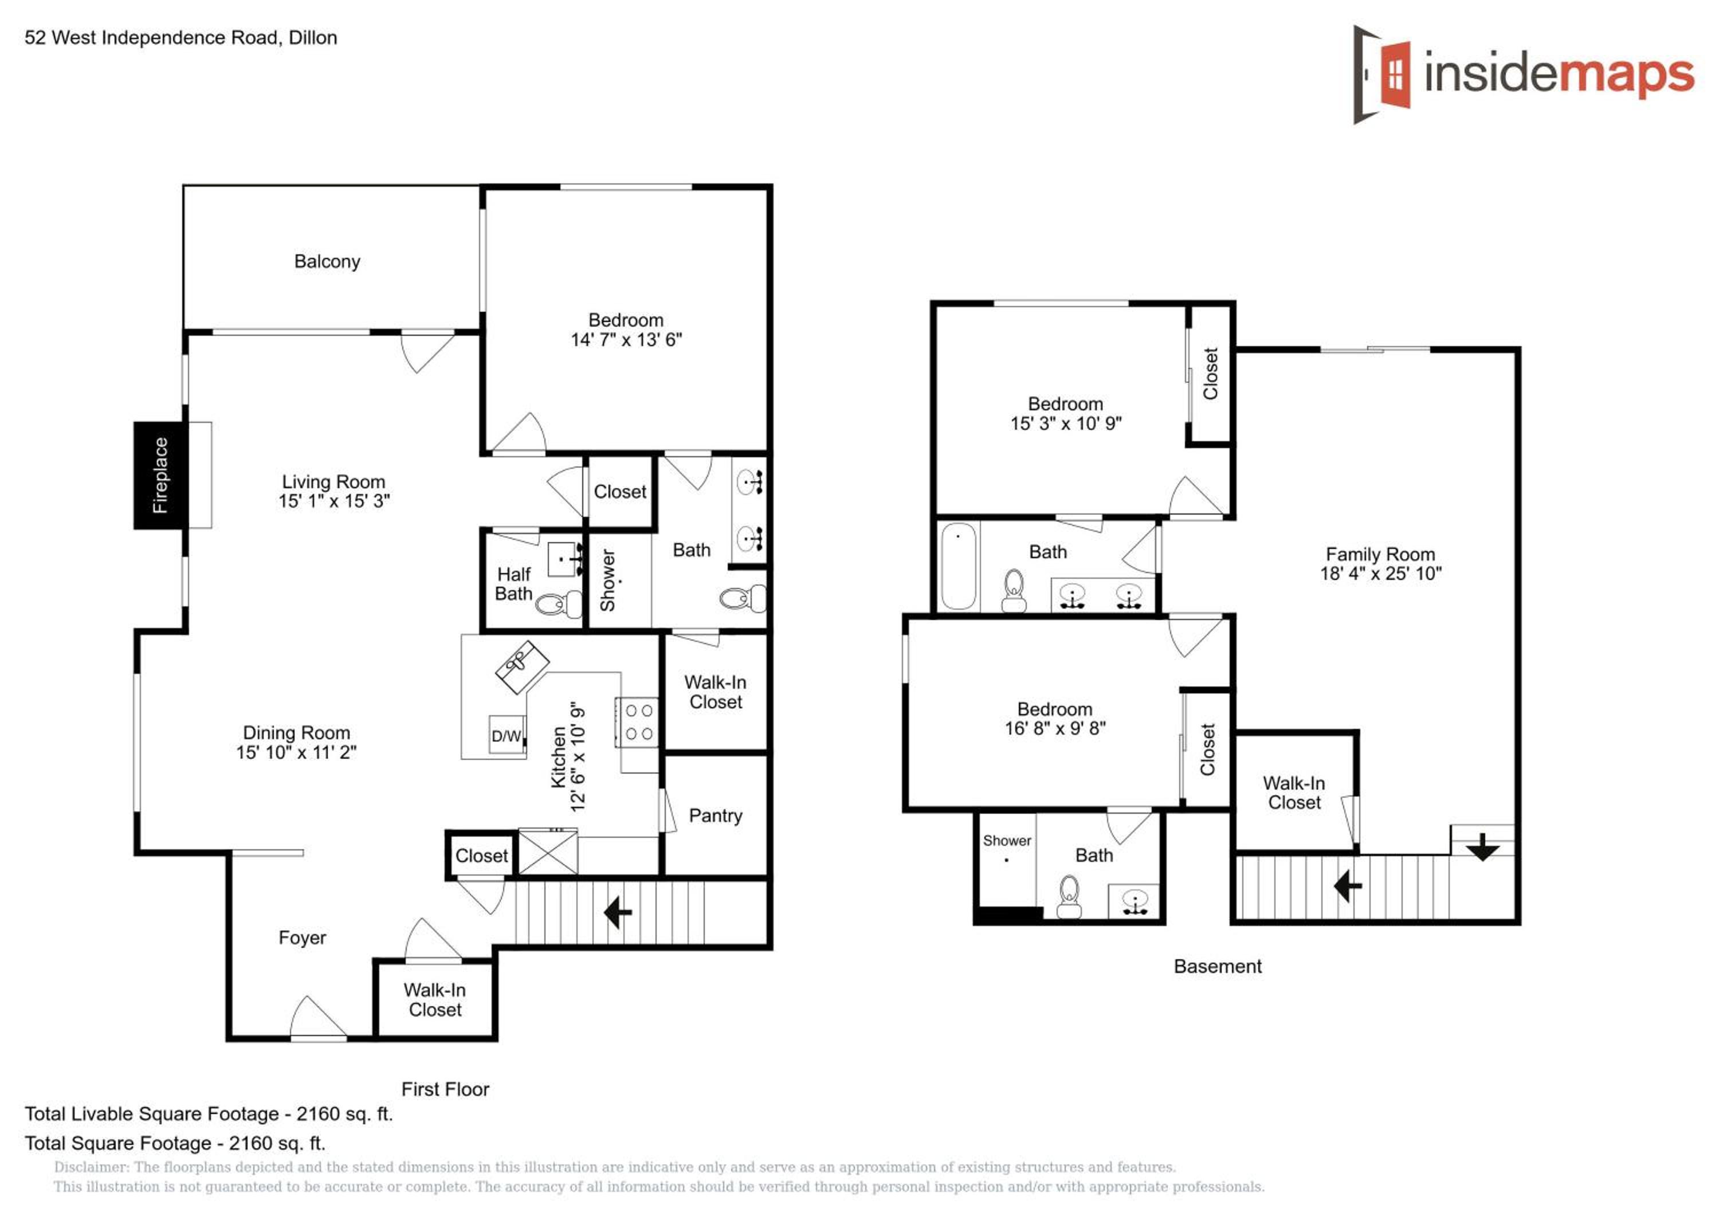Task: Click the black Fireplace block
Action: (x=159, y=476)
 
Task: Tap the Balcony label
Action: (x=327, y=261)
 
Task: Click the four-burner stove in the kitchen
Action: (x=638, y=722)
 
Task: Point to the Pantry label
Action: (x=715, y=815)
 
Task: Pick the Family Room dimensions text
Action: (x=1380, y=574)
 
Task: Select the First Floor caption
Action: (x=445, y=1089)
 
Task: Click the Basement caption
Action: (x=1218, y=967)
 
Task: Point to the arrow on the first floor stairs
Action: (x=618, y=913)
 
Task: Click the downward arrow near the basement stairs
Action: (x=1482, y=847)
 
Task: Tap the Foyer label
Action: (x=302, y=938)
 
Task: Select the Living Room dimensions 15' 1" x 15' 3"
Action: (x=334, y=501)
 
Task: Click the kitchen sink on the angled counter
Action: (x=522, y=666)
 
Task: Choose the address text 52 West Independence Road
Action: (x=153, y=37)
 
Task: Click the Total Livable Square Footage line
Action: (x=209, y=1114)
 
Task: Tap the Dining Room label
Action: (x=296, y=732)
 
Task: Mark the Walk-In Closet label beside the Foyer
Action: (x=435, y=999)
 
